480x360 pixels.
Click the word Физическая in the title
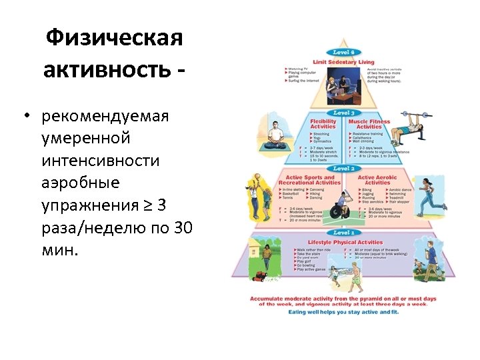pyautogui.click(x=114, y=38)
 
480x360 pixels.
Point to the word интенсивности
pyautogui.click(x=101, y=161)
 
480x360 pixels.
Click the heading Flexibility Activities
pyautogui.click(x=324, y=124)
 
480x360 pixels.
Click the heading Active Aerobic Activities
pyautogui.click(x=377, y=180)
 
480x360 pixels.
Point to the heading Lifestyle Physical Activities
pyautogui.click(x=345, y=242)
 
